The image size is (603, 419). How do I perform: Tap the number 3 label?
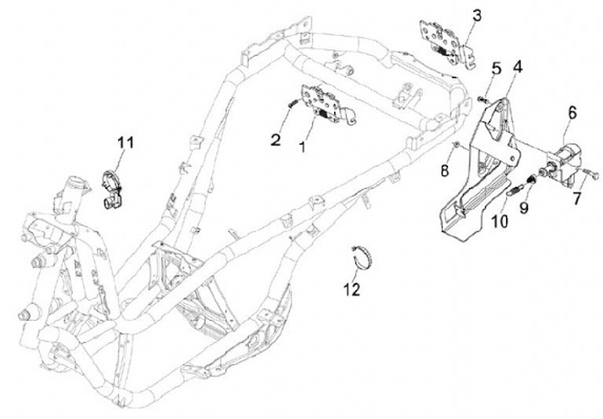point(477,15)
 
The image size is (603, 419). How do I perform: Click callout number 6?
point(572,111)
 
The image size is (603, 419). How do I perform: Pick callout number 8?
point(446,171)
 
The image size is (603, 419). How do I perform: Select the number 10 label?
point(499,222)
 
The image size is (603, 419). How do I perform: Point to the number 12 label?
point(352,290)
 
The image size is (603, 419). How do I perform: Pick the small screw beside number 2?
point(291,103)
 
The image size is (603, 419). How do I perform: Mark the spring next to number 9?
point(513,189)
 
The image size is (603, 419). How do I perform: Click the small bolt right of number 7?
point(593,176)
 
